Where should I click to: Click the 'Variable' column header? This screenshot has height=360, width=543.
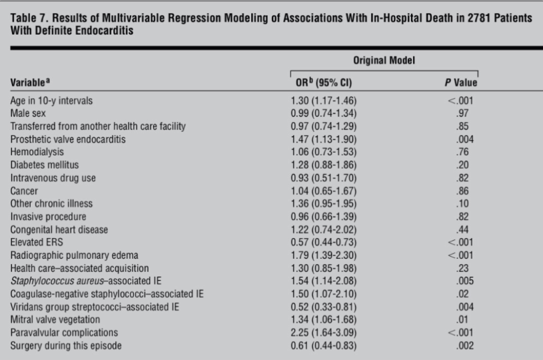click(33, 83)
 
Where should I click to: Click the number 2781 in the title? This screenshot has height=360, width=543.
click(451, 18)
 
